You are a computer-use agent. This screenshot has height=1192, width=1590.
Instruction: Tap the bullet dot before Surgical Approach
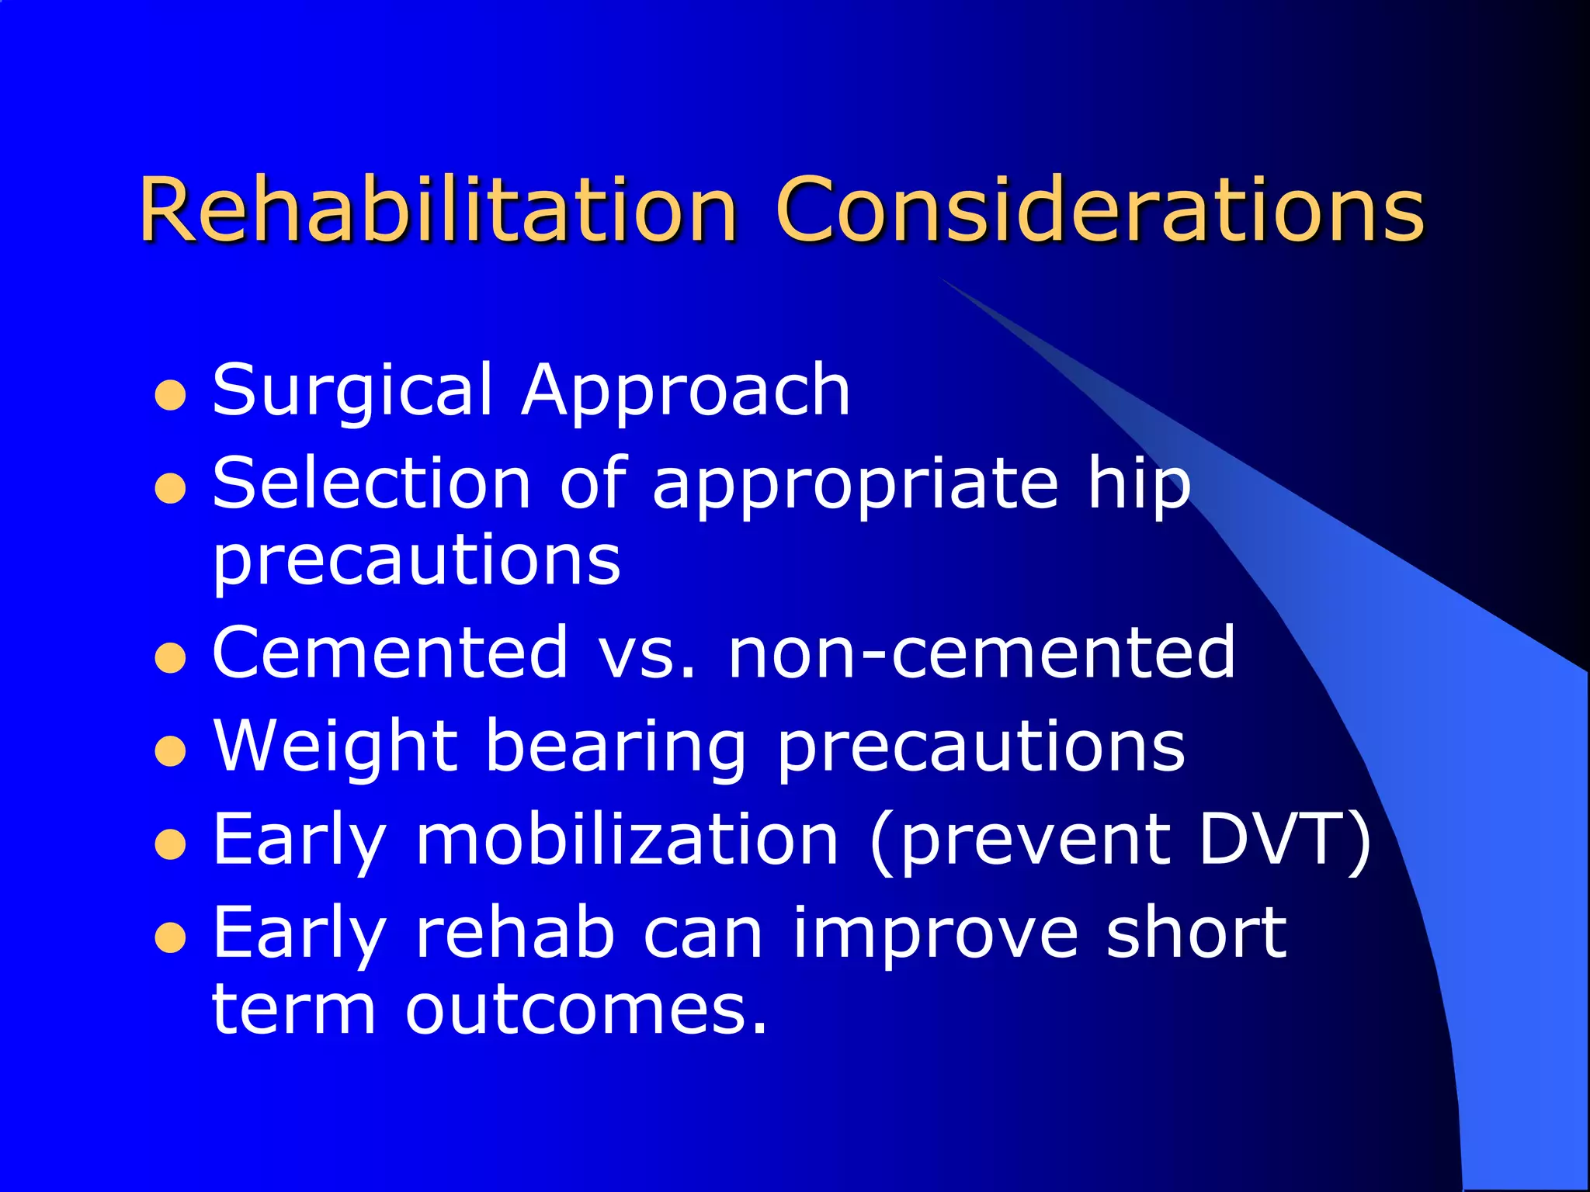[x=170, y=396]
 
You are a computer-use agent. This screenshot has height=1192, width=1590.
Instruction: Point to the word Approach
[x=686, y=390]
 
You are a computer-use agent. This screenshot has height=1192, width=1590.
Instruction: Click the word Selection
[x=371, y=483]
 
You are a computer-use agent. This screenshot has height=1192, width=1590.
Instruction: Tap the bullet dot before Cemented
[x=170, y=660]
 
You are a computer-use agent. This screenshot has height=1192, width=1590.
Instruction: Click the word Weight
[x=335, y=747]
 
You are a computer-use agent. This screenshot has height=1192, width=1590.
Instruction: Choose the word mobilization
[x=627, y=840]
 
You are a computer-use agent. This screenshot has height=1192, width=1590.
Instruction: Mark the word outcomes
[x=586, y=1010]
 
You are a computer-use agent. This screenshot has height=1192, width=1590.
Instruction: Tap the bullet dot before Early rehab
[x=170, y=938]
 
